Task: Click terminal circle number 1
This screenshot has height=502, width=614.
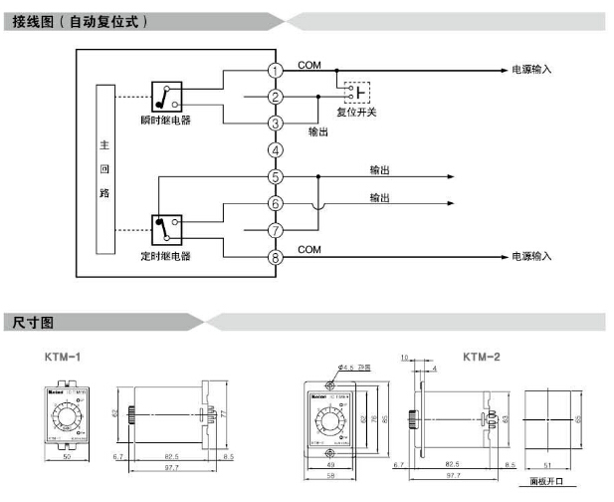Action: (276, 70)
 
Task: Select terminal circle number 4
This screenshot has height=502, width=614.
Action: (276, 150)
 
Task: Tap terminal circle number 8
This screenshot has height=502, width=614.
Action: (276, 257)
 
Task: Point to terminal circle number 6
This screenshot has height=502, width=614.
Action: (276, 203)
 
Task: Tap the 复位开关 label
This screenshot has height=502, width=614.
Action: (356, 112)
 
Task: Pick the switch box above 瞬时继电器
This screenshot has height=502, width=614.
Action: (166, 96)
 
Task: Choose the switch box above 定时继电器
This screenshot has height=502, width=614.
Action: (166, 230)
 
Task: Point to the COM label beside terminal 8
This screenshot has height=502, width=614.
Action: (309, 248)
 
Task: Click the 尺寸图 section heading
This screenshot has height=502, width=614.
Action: (34, 322)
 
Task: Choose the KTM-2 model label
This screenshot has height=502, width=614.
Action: (482, 356)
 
